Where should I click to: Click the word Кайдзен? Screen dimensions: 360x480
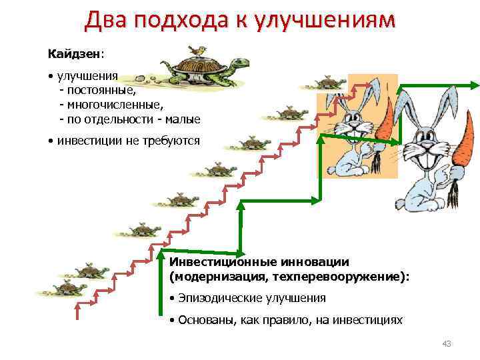(x=66, y=51)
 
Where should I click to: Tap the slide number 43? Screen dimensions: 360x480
(x=447, y=343)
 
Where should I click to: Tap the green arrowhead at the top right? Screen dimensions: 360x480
(x=474, y=85)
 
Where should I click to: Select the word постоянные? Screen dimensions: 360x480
(x=100, y=90)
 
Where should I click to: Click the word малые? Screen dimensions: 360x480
(x=182, y=119)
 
